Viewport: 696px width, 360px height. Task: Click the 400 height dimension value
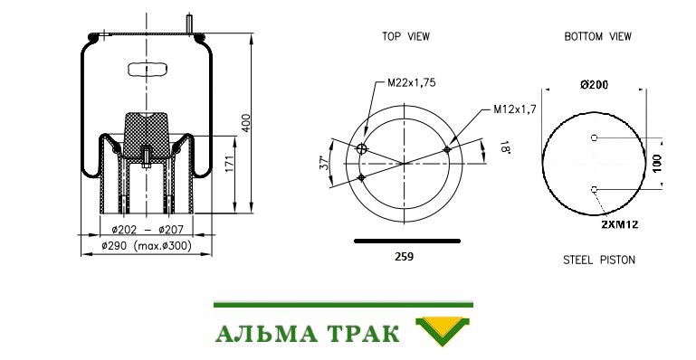[247, 123]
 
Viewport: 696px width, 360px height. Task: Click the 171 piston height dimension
[231, 164]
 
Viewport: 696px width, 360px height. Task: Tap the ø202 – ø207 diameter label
[147, 230]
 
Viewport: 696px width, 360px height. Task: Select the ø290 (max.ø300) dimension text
[147, 246]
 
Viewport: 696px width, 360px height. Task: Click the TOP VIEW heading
[406, 36]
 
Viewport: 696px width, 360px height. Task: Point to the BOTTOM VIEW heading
[597, 36]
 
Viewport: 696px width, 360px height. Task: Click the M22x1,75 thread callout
[412, 82]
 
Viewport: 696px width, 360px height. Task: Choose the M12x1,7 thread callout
[515, 109]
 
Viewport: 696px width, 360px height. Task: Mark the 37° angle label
[325, 162]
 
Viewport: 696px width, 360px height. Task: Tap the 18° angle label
[505, 147]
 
